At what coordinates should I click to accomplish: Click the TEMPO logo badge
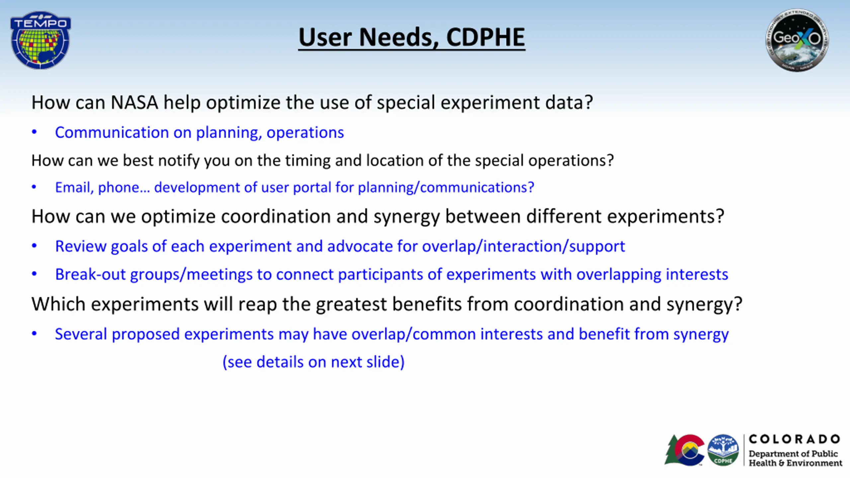click(x=41, y=40)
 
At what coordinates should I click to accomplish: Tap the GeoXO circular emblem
click(x=797, y=40)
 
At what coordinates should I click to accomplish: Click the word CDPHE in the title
click(x=485, y=37)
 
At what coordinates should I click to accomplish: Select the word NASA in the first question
click(x=134, y=102)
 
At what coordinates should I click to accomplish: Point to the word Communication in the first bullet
click(x=112, y=132)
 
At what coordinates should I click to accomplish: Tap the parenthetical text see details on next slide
click(x=313, y=362)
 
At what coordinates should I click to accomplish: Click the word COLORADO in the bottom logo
click(x=794, y=439)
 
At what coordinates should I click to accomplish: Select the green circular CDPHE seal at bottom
click(x=723, y=450)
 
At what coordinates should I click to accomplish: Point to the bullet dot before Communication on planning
click(x=34, y=132)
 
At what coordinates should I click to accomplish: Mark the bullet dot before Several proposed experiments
click(x=34, y=334)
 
